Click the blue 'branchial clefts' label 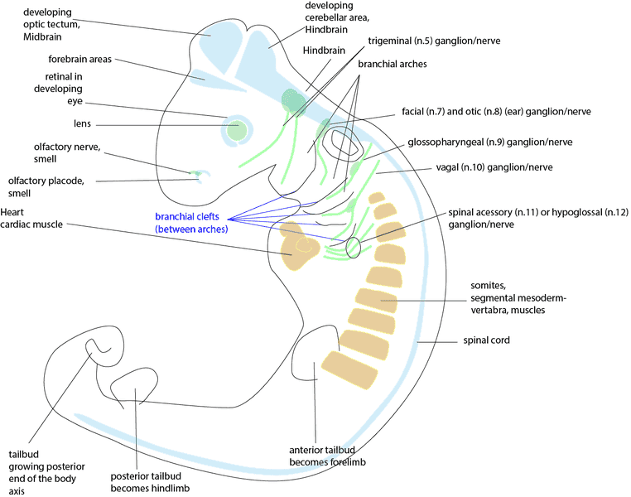[x=190, y=218]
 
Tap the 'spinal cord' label [x=485, y=340]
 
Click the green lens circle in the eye [x=238, y=129]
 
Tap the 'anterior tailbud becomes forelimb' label [x=326, y=453]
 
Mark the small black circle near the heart [x=354, y=247]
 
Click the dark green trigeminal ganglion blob [x=293, y=100]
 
